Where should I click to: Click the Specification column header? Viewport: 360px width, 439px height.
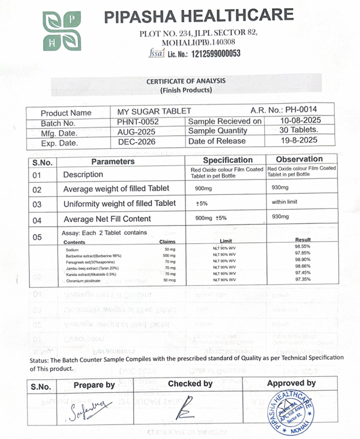click(228, 160)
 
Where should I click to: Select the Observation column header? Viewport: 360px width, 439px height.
click(299, 159)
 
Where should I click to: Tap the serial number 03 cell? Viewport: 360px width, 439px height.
click(37, 204)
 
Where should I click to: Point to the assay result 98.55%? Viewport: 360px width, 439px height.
click(302, 246)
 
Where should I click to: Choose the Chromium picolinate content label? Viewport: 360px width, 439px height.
click(82, 280)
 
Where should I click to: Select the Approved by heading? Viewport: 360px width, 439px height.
click(291, 383)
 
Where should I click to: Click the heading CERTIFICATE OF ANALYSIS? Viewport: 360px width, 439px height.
click(185, 82)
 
